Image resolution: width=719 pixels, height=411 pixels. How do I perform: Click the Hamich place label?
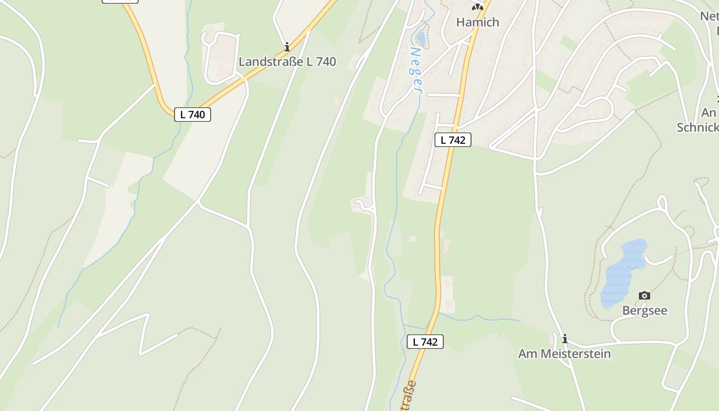point(478,22)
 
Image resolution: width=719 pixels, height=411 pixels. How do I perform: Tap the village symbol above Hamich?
point(478,7)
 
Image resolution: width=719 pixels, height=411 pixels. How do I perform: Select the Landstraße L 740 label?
point(287,62)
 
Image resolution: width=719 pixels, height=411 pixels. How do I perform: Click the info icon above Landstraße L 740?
point(287,47)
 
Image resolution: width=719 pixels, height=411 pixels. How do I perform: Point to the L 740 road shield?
point(193,115)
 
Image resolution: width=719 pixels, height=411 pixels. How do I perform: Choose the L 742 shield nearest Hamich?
point(453,140)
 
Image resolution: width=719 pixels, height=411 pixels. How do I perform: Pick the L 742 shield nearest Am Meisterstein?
point(425,342)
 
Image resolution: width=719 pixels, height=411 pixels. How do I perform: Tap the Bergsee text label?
point(645,310)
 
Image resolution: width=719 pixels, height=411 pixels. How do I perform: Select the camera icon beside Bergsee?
point(644,295)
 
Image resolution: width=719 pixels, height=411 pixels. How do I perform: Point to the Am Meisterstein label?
point(564,353)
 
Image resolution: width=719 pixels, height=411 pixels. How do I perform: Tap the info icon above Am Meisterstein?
point(565,339)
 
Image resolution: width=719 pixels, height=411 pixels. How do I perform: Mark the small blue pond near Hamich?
point(421,39)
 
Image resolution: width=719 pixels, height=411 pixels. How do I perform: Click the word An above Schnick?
point(709,113)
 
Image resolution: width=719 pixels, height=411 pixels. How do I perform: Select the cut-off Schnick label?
point(698,127)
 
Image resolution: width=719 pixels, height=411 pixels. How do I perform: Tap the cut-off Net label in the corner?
point(709,16)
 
